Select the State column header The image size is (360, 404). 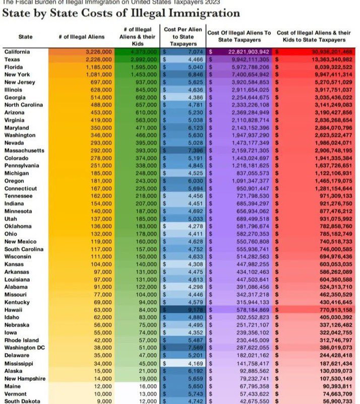tap(25, 37)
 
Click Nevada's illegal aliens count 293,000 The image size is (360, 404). tap(99, 143)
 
